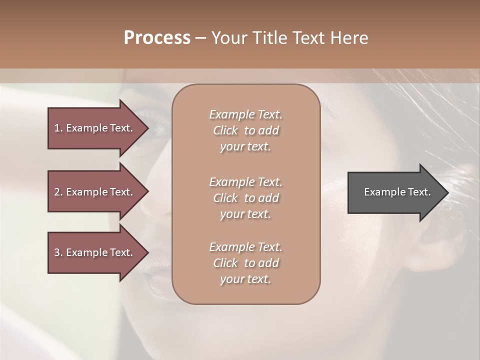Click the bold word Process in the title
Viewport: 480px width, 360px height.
(157, 38)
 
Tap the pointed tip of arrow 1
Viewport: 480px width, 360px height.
(147, 128)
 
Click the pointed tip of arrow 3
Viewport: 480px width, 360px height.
(147, 252)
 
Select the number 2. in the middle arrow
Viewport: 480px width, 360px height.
(58, 192)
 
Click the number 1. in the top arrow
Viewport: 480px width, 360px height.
(58, 128)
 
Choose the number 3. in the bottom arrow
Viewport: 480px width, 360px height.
(58, 252)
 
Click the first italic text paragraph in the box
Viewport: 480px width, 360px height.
(245, 130)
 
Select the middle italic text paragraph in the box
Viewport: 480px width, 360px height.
(245, 198)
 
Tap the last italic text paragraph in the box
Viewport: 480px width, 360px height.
(245, 263)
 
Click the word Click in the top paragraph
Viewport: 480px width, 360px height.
(225, 130)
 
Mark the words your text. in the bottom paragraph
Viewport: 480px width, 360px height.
(245, 279)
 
